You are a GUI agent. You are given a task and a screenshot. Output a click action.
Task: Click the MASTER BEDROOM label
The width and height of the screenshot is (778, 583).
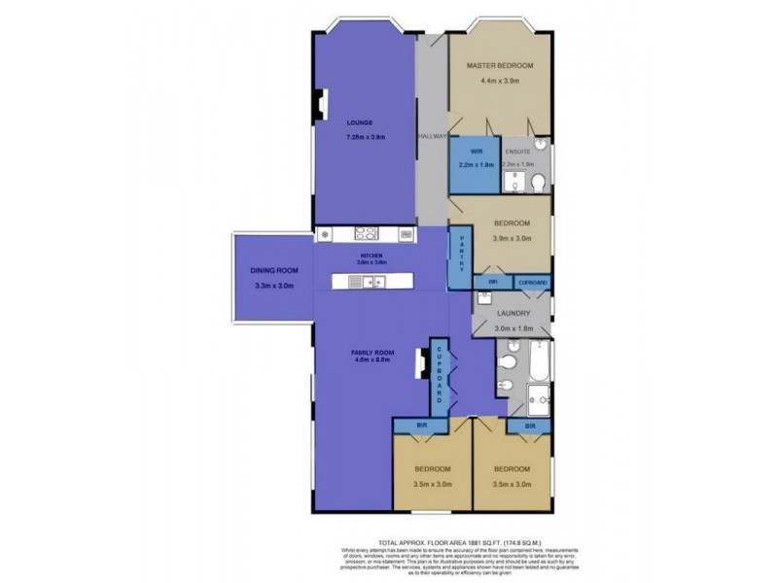click(x=500, y=65)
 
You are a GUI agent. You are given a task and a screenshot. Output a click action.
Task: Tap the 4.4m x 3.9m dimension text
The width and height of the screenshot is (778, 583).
click(x=500, y=82)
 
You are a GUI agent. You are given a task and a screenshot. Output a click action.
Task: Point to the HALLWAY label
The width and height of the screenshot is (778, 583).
click(x=433, y=136)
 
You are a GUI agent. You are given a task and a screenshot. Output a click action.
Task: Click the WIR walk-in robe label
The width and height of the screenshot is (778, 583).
click(x=477, y=152)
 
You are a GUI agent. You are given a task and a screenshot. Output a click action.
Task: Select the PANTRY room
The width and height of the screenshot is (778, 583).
click(x=461, y=257)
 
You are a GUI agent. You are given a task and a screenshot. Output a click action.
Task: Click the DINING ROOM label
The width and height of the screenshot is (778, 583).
click(x=273, y=270)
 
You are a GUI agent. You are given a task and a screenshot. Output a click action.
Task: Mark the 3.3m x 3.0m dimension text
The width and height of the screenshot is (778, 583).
click(x=273, y=286)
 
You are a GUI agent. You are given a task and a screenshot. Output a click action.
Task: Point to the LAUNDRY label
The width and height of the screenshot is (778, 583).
click(x=512, y=313)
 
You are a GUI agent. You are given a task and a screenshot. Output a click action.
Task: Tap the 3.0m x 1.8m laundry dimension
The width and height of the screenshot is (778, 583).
click(x=512, y=329)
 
